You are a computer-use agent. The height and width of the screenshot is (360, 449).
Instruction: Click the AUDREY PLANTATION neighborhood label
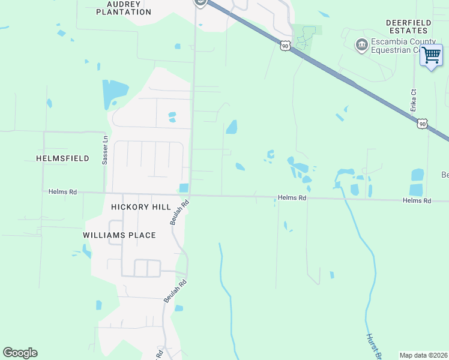(x=128, y=8)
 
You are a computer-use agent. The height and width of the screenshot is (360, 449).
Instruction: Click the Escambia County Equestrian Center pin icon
(x=361, y=45)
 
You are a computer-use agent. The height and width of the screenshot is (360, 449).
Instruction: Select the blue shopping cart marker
(x=431, y=55)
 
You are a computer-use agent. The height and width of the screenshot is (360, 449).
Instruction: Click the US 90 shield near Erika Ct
(x=422, y=123)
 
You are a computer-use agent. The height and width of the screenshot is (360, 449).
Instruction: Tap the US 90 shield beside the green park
(x=285, y=44)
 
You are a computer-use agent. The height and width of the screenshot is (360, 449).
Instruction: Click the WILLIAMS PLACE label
(x=119, y=235)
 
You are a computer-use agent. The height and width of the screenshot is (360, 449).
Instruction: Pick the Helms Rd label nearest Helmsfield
(x=63, y=192)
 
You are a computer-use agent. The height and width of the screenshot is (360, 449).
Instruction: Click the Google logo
(x=20, y=353)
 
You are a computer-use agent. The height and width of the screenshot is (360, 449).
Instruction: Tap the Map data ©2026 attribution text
(x=424, y=355)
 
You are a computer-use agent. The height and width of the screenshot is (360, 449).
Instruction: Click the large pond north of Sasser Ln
(x=114, y=92)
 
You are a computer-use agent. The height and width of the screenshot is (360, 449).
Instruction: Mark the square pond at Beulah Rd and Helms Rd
(x=184, y=188)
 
